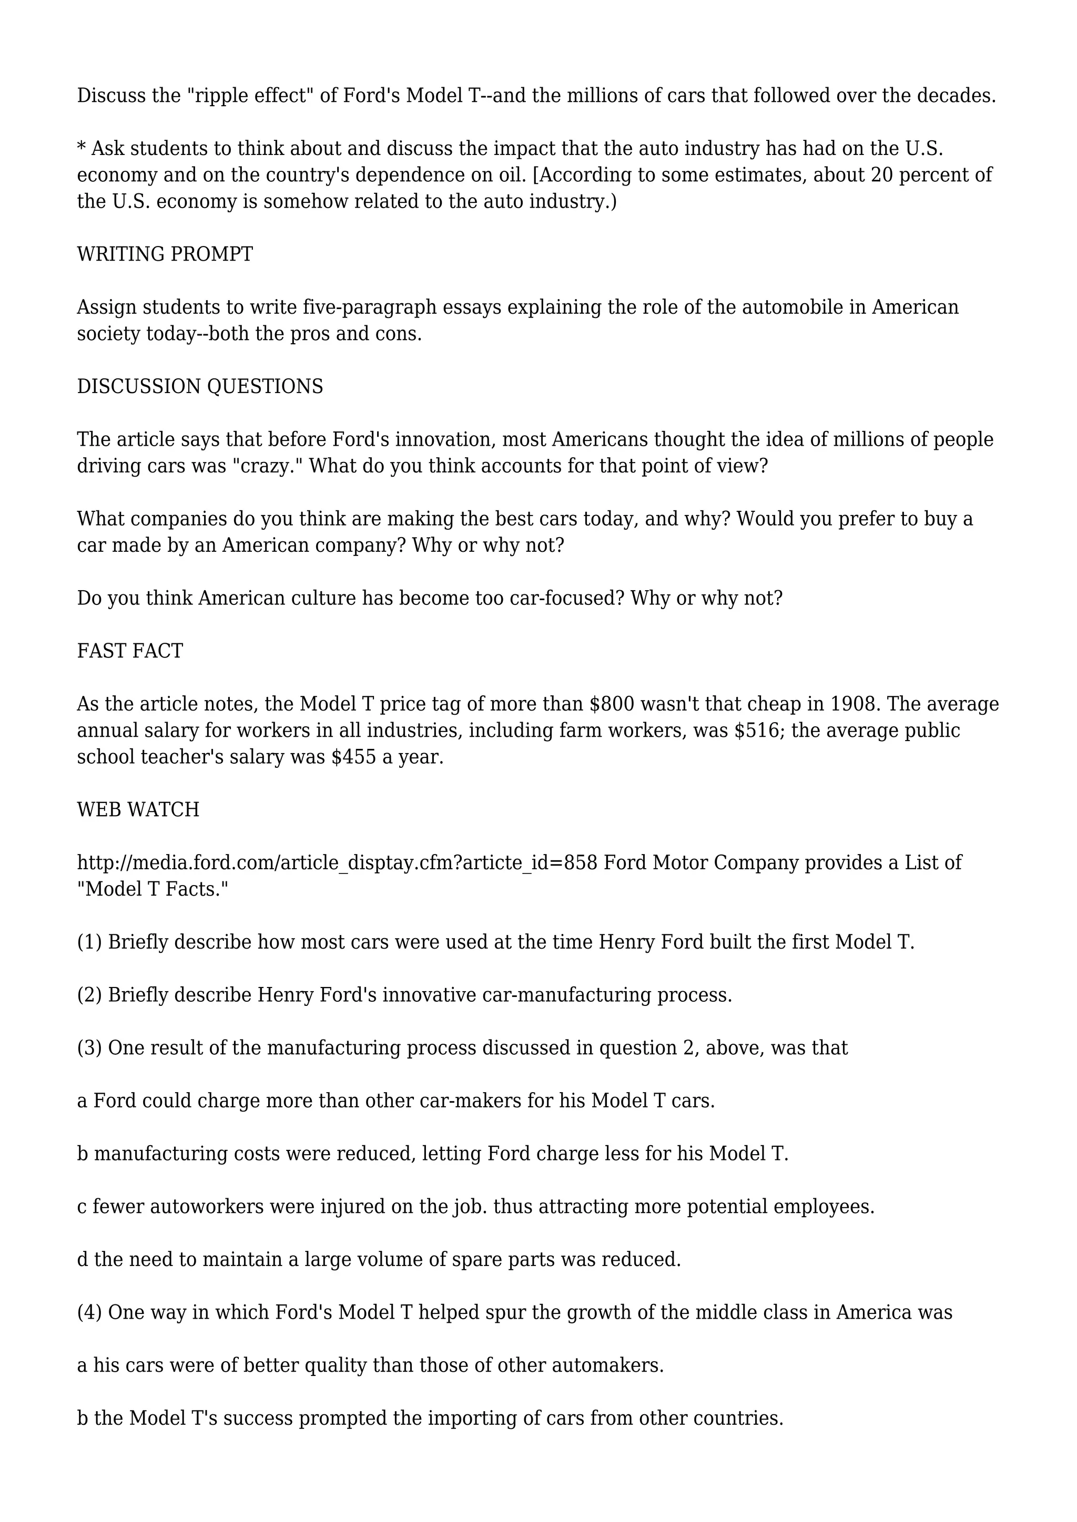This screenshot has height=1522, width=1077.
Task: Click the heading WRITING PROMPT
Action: tap(165, 254)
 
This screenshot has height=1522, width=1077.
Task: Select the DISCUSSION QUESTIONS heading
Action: tap(200, 386)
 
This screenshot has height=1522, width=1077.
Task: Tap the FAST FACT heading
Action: tap(130, 651)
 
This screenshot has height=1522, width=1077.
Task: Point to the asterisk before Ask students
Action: tap(82, 147)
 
